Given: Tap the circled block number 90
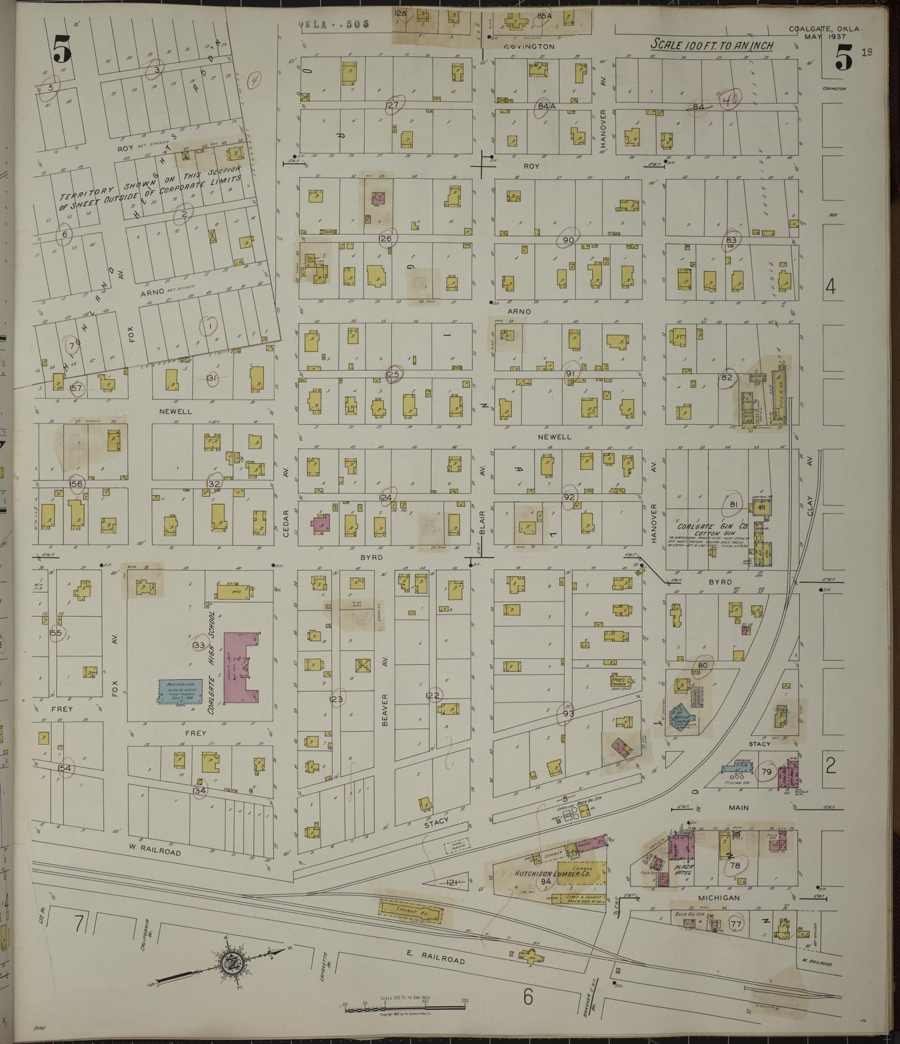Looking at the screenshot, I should point(567,240).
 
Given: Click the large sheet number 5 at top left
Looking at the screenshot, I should point(62,49).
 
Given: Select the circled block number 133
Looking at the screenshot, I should point(199,645).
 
